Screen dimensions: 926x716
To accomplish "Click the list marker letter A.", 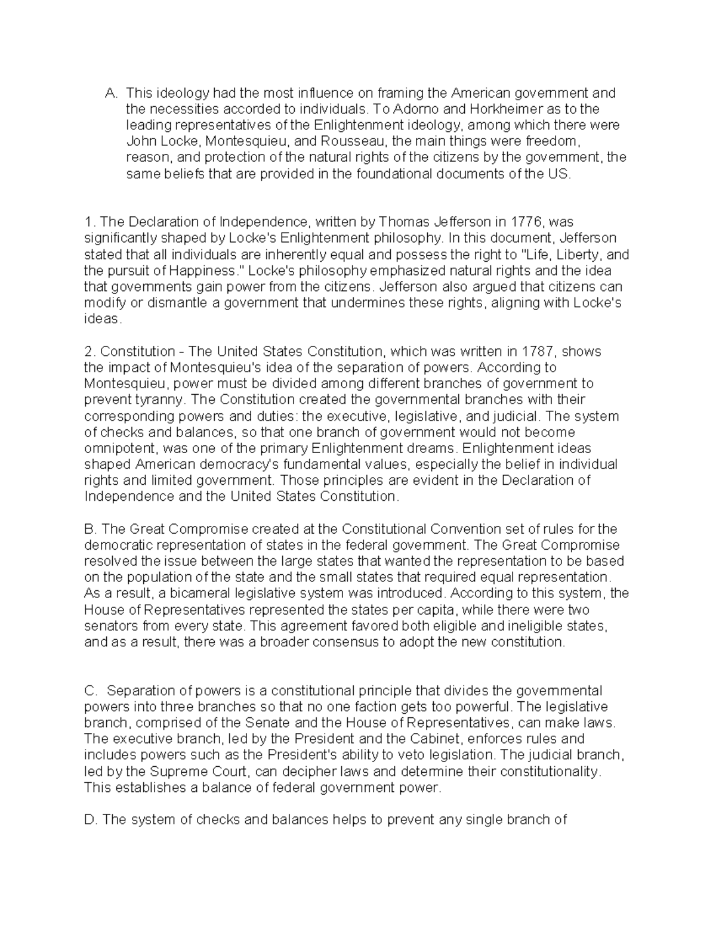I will point(110,94).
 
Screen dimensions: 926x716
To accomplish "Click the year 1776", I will point(527,222).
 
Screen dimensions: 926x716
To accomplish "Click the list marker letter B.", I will point(90,529).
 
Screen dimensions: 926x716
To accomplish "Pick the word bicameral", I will point(202,594).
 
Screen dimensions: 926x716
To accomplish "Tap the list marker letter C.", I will point(91,691).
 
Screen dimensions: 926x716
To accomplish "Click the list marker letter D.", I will point(91,820).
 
